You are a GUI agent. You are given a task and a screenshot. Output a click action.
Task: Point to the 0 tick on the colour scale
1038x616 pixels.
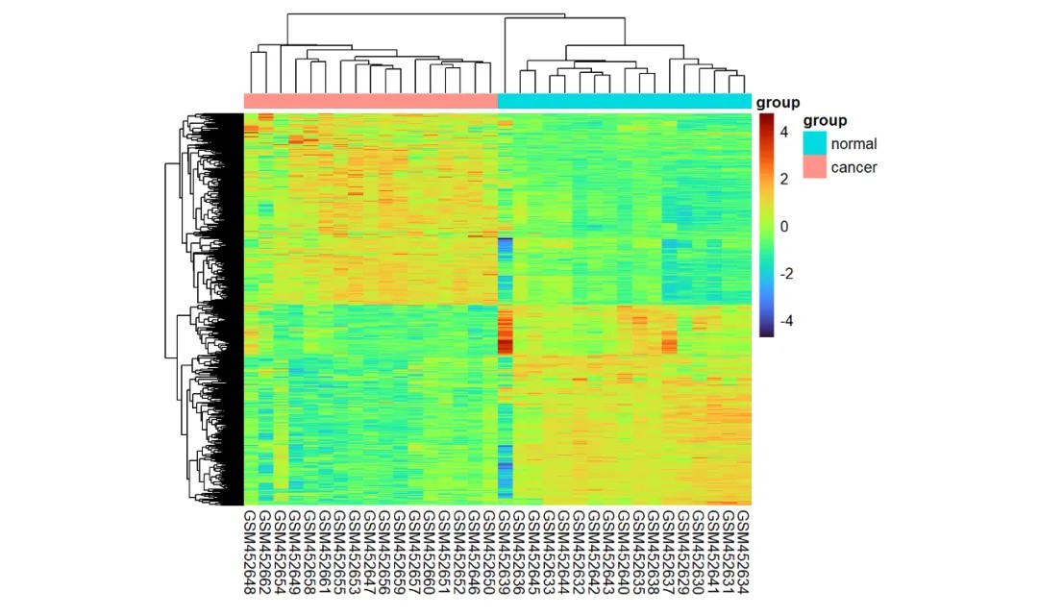(x=784, y=227)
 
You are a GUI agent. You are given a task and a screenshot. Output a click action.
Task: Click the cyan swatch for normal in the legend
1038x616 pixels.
(x=815, y=143)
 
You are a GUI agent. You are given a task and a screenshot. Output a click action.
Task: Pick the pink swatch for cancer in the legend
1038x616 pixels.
(x=815, y=167)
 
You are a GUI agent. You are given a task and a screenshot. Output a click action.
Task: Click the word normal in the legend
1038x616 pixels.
(x=854, y=144)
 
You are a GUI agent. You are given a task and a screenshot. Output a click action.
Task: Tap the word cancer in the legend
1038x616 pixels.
(x=854, y=168)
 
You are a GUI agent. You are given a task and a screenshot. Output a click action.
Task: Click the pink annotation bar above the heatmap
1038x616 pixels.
(x=371, y=101)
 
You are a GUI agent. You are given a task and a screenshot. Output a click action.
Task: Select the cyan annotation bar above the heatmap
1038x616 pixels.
(x=625, y=101)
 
